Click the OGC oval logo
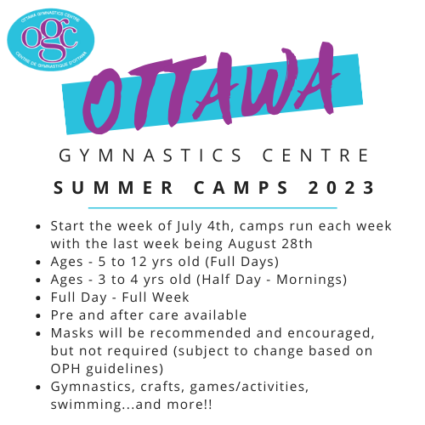pyautogui.click(x=51, y=39)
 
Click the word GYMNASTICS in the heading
pyautogui.click(x=150, y=156)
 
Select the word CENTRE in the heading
pyautogui.click(x=315, y=156)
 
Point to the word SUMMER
pyautogui.click(x=113, y=188)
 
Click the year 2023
pyautogui.click(x=341, y=188)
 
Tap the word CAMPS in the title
pyautogui.click(x=241, y=188)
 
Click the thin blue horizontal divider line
pyautogui.click(x=212, y=208)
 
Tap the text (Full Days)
pyautogui.click(x=241, y=262)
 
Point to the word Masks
pyautogui.click(x=72, y=333)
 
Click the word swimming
pyautogui.click(x=86, y=405)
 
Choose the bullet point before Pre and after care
pyautogui.click(x=38, y=315)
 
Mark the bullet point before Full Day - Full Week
pyautogui.click(x=38, y=297)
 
